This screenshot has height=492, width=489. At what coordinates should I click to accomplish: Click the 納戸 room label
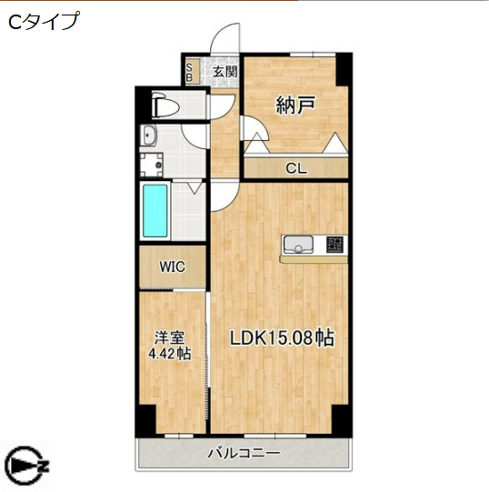coord(295,105)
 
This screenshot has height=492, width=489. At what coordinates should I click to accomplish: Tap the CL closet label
coord(295,168)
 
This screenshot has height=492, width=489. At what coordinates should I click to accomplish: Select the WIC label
coord(172,266)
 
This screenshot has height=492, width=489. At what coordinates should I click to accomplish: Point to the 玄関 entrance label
coord(225,71)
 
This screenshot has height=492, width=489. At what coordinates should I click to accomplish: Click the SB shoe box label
coord(191,72)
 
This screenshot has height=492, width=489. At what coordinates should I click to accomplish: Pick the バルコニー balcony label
coord(243,453)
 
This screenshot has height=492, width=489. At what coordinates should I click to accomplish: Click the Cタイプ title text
coord(44,22)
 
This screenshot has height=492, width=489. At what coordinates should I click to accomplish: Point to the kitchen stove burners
coord(334,244)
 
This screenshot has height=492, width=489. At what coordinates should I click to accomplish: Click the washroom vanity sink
coord(150,137)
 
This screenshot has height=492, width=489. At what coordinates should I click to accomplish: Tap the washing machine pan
coord(151,166)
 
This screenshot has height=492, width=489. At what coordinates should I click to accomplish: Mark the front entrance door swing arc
coord(222,45)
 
